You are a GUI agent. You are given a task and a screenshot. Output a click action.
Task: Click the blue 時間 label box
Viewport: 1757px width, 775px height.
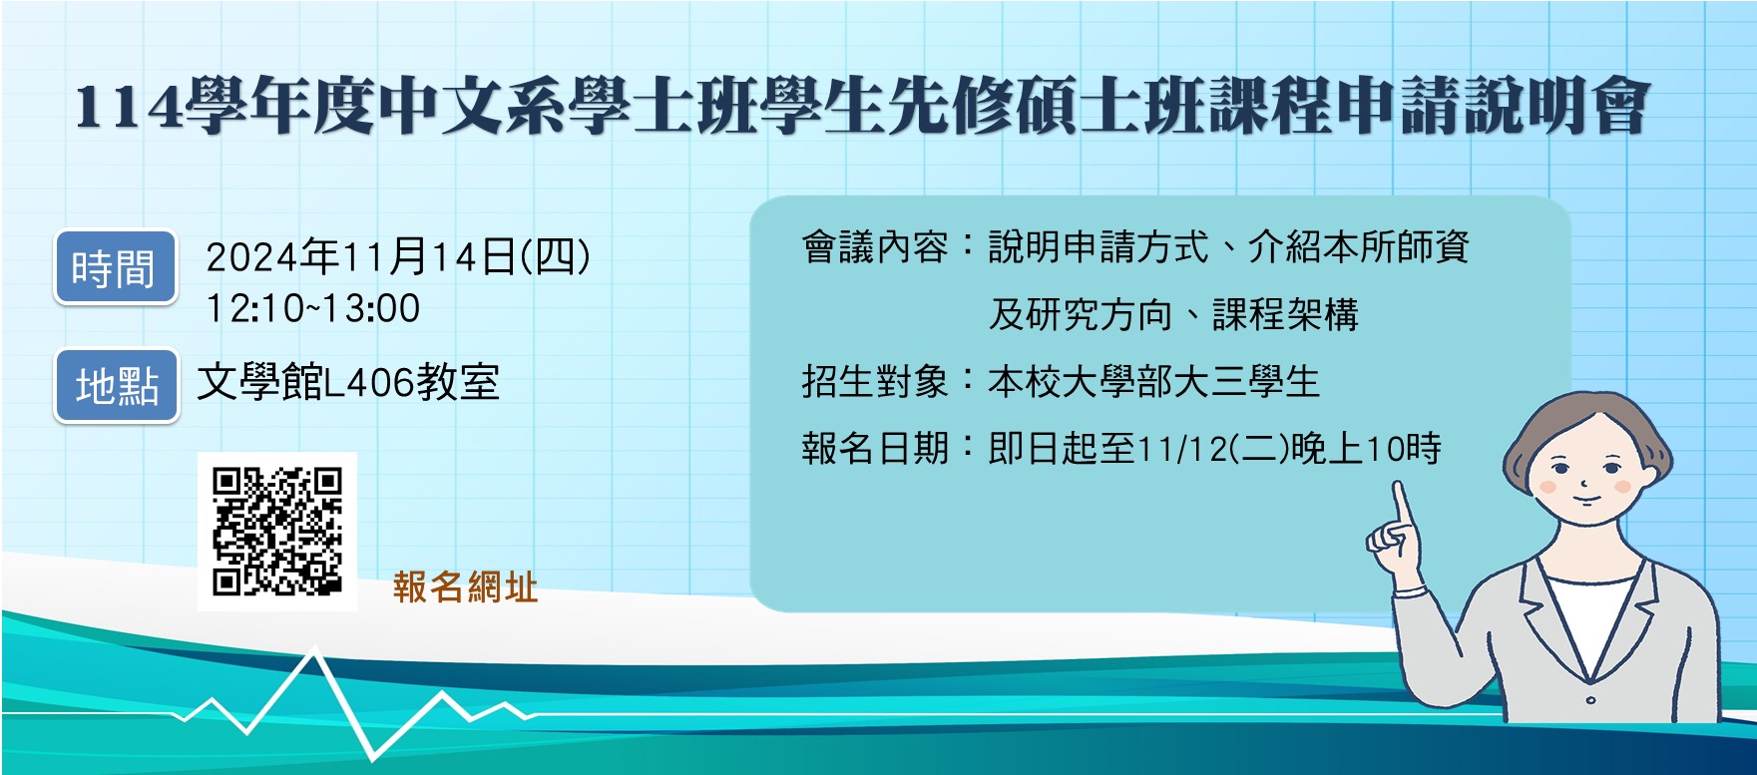[x=115, y=267]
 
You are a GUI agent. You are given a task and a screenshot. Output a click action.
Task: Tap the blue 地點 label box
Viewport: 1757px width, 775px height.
[x=117, y=385]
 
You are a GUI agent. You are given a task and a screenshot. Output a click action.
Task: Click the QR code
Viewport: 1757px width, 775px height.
[x=277, y=532]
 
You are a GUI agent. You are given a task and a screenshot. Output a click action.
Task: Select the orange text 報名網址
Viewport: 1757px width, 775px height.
[x=465, y=587]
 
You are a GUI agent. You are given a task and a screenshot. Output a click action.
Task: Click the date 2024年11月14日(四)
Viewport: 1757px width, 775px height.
[x=398, y=257]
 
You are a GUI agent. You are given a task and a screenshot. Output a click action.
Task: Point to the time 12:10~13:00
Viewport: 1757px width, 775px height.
[x=313, y=309]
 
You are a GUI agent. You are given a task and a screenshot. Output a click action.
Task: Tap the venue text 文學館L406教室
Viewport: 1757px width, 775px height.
[x=348, y=383]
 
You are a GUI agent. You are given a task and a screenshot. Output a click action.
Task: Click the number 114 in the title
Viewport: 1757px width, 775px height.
[x=129, y=108]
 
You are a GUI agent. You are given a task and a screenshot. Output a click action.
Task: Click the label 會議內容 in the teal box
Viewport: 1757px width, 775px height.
[x=874, y=247]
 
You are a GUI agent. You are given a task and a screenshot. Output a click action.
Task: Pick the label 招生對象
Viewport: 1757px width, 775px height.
[x=874, y=382]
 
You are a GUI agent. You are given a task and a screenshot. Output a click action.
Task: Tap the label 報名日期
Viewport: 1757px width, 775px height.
[x=874, y=449]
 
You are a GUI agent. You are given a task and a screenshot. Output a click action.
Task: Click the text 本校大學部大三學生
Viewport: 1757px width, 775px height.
[x=1153, y=382]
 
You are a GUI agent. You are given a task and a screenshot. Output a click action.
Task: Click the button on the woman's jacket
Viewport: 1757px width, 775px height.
[x=1590, y=700]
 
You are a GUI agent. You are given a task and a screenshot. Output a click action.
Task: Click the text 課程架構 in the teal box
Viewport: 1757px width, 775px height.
[x=1285, y=315]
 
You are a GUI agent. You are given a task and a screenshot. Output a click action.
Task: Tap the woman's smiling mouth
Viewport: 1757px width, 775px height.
[x=1585, y=501]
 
